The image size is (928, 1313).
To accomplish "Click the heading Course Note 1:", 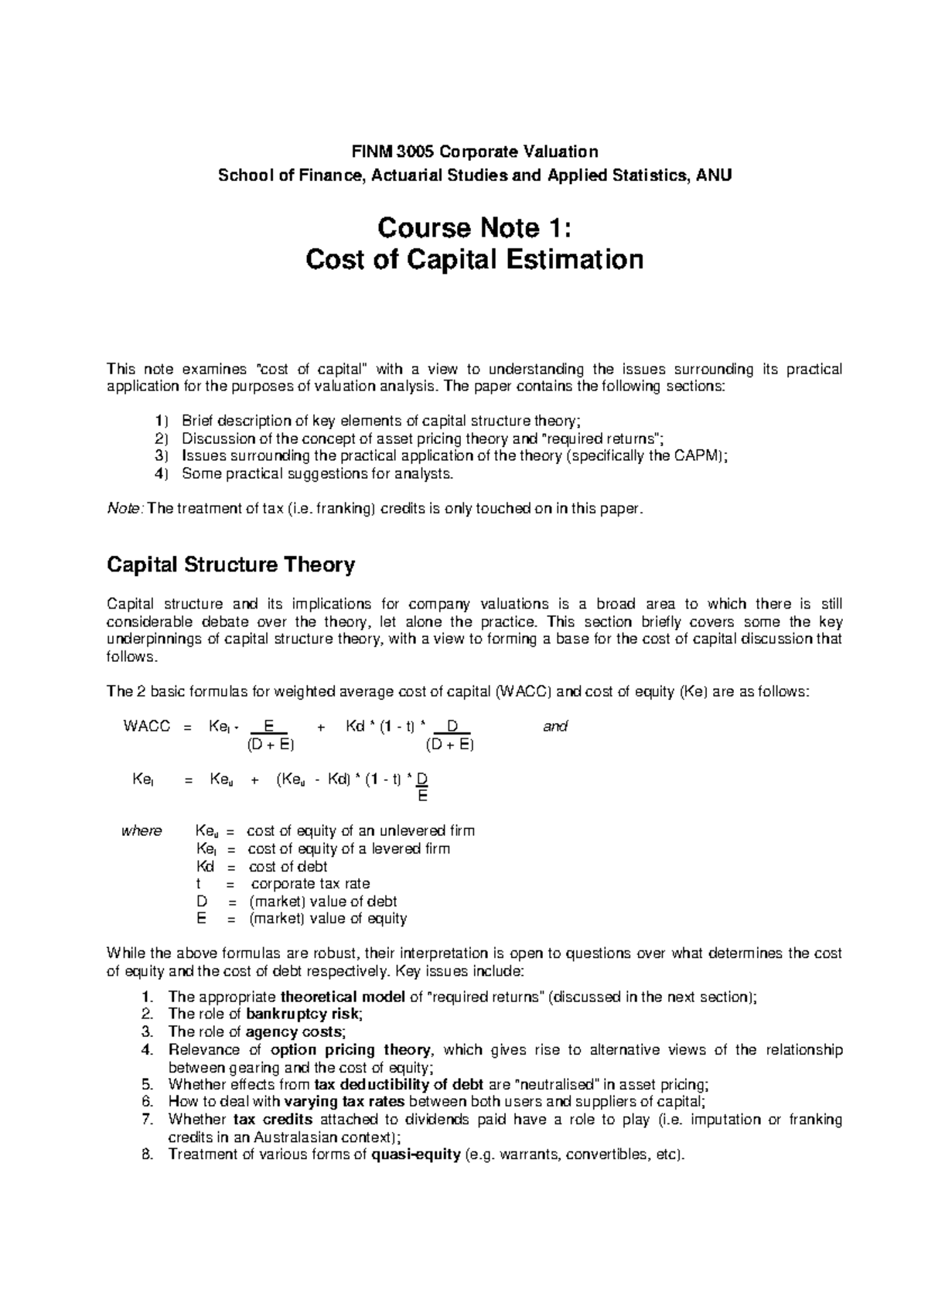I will coord(474,228).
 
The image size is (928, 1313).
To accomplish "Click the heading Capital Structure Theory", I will coord(230,565).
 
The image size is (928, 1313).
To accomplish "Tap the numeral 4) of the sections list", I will coord(160,473).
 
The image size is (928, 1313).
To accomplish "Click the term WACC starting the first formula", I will coord(146,726).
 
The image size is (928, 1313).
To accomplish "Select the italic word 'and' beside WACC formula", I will coord(555,726).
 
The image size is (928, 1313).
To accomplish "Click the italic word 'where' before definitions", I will coord(142,831).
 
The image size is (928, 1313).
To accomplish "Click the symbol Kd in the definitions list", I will coord(207,866).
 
